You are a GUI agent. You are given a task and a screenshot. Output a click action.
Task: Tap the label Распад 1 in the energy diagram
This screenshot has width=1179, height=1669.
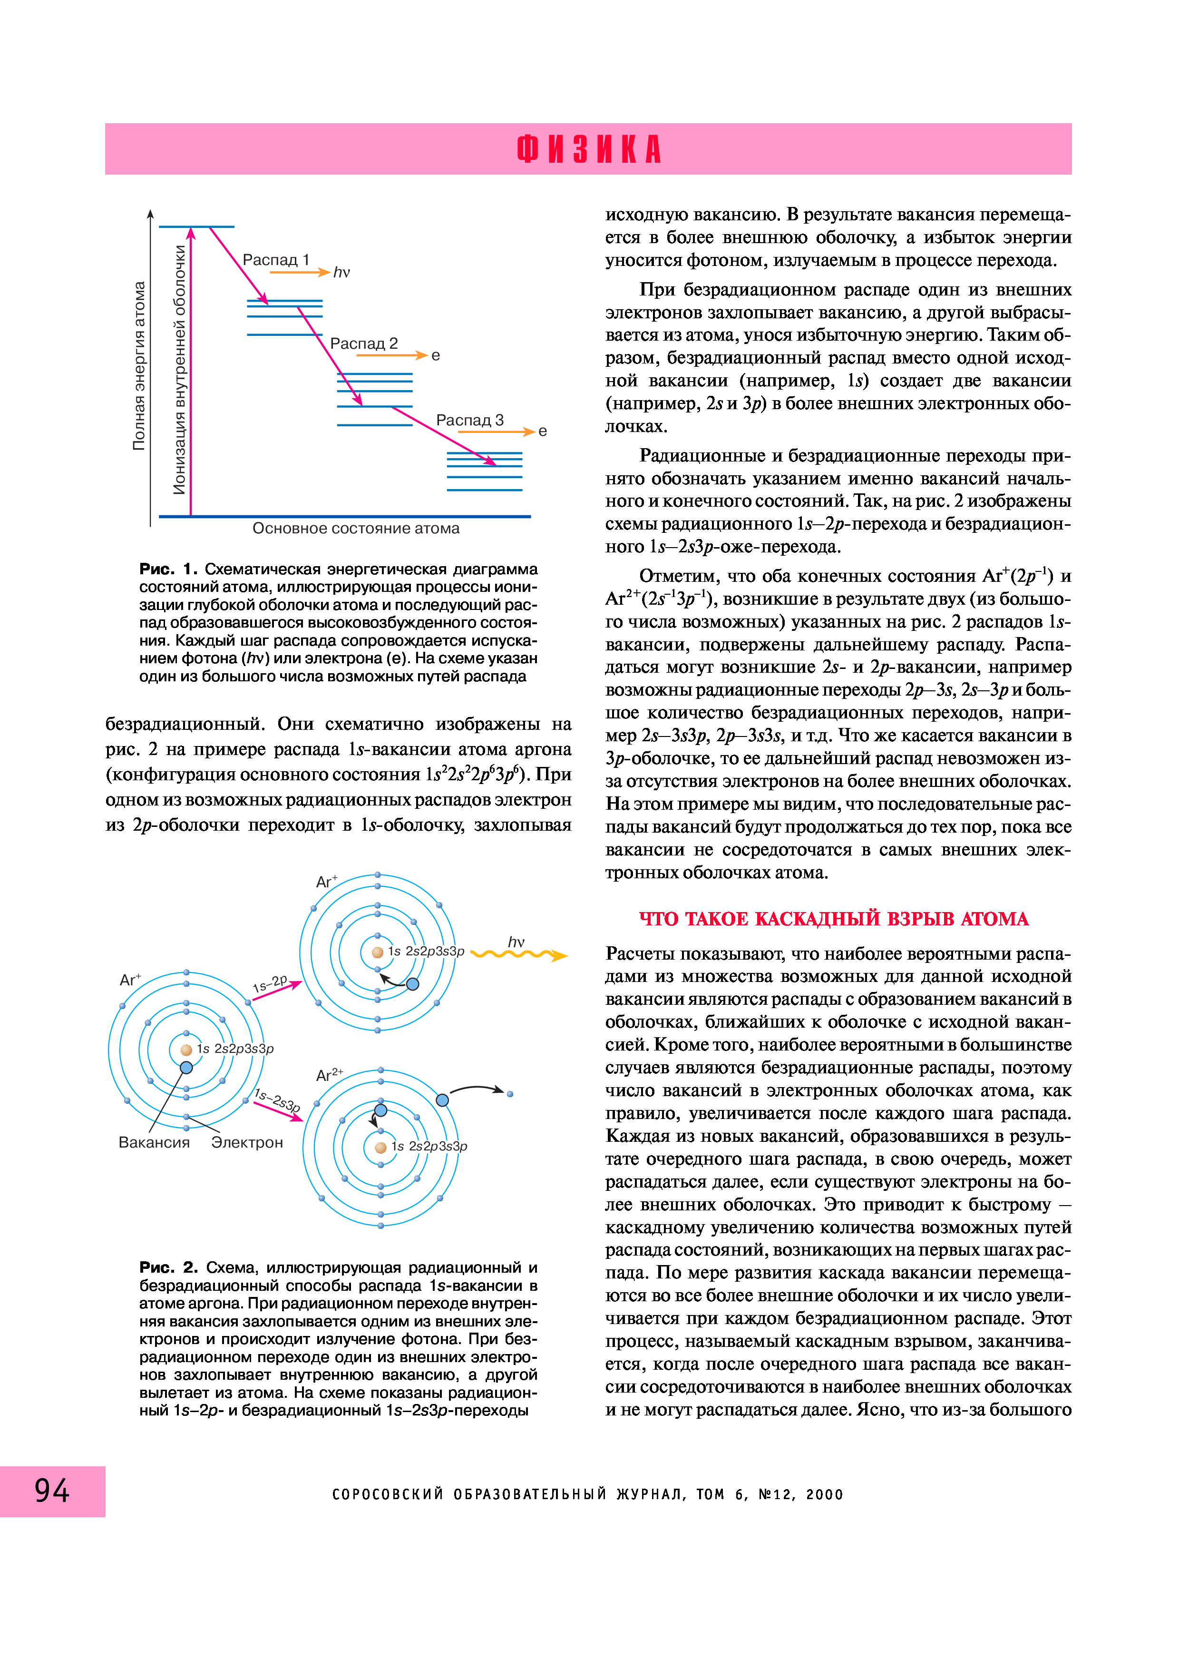pyautogui.click(x=275, y=259)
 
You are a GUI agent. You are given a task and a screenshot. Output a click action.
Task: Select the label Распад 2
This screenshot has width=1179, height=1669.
pyautogui.click(x=363, y=343)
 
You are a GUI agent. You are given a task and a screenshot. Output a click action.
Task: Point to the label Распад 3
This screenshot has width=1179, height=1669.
pyautogui.click(x=469, y=420)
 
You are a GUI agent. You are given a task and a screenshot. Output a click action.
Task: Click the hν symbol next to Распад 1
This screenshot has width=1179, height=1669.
pyautogui.click(x=341, y=273)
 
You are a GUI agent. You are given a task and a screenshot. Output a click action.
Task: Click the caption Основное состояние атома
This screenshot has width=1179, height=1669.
pyautogui.click(x=356, y=529)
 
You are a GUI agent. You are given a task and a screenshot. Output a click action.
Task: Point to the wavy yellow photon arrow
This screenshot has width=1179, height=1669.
pyautogui.click(x=519, y=954)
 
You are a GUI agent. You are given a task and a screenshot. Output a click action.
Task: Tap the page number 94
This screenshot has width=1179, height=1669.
pyautogui.click(x=52, y=1491)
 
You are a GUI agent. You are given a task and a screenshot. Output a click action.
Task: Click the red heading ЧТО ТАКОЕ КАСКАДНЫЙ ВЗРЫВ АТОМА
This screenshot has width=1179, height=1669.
pyautogui.click(x=833, y=919)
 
